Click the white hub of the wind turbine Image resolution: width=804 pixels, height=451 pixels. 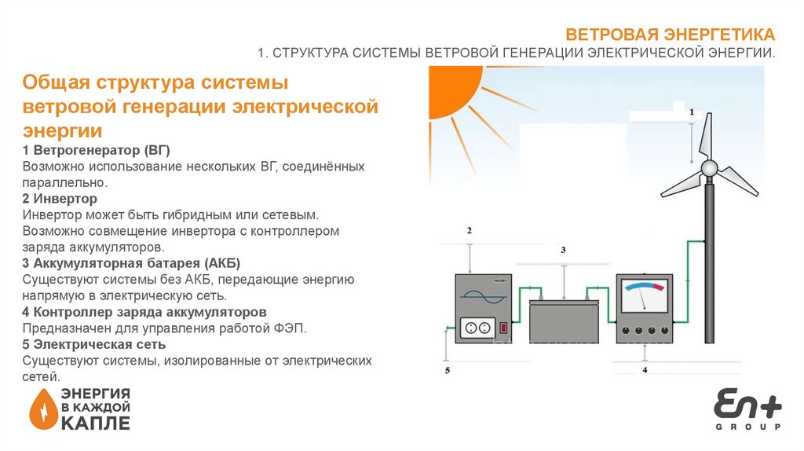pos(709,168)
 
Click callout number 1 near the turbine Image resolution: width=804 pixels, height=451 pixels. pos(692,113)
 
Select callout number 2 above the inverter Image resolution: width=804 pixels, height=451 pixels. pos(469,231)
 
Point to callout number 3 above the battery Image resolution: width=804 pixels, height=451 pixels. pos(562,250)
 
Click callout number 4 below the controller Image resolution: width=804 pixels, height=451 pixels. pos(645,369)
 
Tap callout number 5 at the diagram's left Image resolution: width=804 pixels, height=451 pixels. pos(448,370)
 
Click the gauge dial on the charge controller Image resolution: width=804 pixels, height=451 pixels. pos(643,298)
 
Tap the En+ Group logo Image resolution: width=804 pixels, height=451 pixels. pos(747,409)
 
